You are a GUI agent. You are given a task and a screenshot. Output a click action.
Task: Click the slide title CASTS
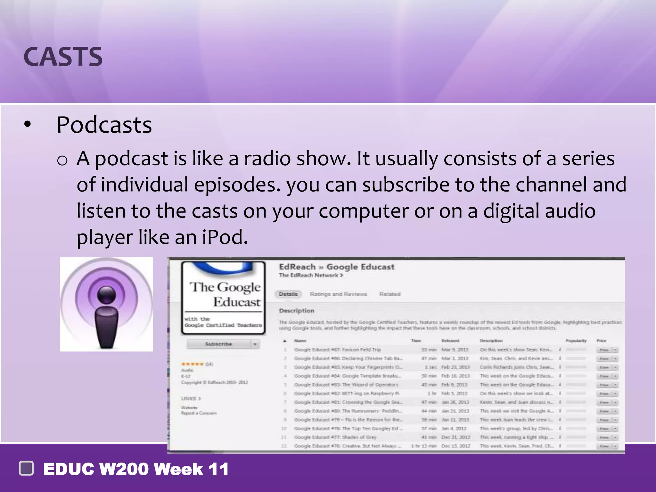pos(63,57)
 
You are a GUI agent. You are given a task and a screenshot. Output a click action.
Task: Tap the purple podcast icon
pos(106,304)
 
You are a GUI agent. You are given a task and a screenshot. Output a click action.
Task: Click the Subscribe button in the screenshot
pos(219,344)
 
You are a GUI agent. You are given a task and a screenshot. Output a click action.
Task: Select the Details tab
pos(288,294)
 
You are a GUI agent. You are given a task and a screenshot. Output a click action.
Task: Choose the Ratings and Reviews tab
pos(338,294)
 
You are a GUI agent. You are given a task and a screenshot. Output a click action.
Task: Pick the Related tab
pos(390,294)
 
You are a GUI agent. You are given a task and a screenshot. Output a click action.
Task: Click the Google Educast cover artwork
pos(223,298)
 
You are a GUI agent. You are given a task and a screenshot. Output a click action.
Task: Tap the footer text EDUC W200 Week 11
pos(136,469)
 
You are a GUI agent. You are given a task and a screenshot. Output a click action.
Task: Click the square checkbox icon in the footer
pos(26,468)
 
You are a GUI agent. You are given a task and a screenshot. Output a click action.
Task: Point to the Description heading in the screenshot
pos(296,311)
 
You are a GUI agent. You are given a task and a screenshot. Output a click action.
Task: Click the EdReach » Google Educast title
pos(336,267)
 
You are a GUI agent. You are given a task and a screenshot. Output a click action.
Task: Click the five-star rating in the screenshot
pos(192,364)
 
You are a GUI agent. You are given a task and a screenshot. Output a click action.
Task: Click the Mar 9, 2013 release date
pos(455,349)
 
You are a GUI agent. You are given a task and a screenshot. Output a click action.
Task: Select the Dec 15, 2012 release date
pos(456,446)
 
